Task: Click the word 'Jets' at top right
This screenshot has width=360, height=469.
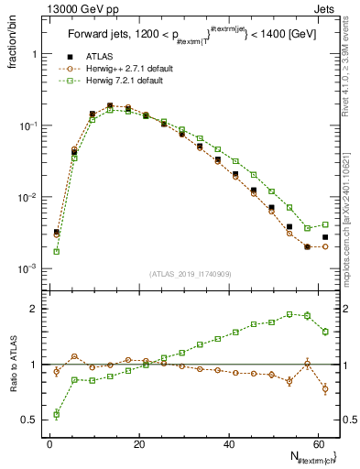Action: tap(325, 8)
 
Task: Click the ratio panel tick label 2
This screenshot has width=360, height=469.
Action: tap(35, 309)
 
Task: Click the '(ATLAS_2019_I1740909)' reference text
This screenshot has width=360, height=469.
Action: tap(189, 273)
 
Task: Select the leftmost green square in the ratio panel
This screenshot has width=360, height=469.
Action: tap(57, 414)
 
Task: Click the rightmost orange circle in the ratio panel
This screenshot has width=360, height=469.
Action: tap(325, 388)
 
